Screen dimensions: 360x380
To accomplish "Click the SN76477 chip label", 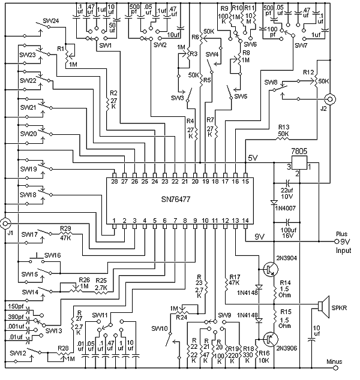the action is (176, 200).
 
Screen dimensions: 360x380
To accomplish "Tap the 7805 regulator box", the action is (299, 162).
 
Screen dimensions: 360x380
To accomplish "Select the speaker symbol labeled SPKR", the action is (324, 307).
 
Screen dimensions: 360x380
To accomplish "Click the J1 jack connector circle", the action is (5, 223).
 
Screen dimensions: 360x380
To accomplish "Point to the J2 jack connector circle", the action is (331, 99).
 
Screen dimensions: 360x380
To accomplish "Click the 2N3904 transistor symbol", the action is (271, 269).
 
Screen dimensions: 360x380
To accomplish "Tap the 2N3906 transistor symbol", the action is (271, 339).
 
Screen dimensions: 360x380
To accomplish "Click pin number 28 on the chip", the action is (114, 181).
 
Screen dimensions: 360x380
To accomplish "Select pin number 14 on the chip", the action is (245, 221).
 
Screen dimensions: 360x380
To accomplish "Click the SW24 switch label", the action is (51, 20).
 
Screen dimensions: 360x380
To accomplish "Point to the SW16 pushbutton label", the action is (53, 255).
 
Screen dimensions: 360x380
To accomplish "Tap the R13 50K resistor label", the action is (284, 131).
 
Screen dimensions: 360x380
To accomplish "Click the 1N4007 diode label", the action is (286, 208).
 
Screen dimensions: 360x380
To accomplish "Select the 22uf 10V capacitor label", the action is (287, 194).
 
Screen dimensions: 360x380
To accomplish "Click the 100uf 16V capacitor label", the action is (289, 233).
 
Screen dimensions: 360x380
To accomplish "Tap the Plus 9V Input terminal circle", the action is (337, 242).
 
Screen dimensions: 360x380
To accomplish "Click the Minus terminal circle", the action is (335, 368).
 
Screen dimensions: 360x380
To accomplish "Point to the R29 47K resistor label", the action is (65, 233).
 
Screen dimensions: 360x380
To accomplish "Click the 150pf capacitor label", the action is (16, 306).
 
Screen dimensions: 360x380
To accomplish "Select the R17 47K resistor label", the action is (235, 280).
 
